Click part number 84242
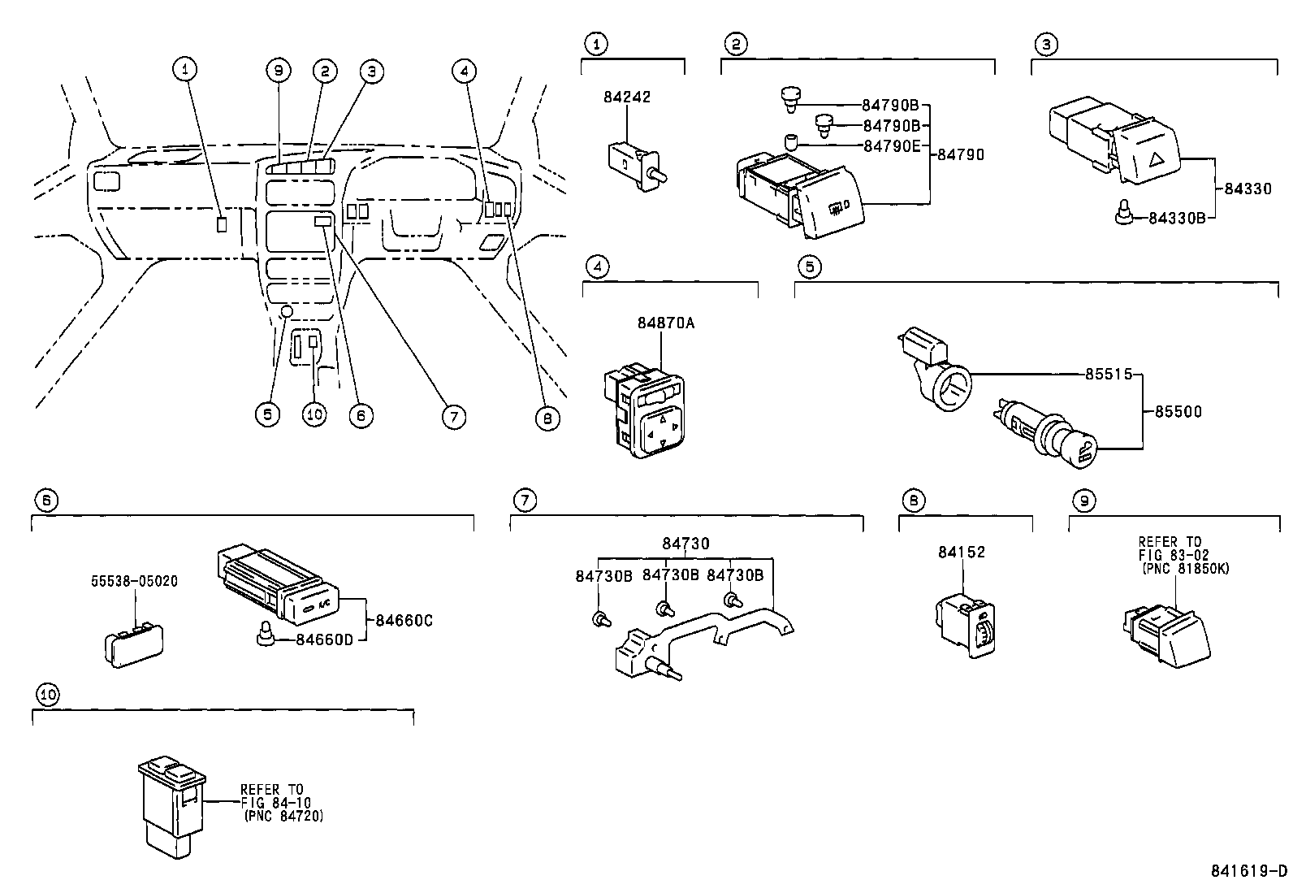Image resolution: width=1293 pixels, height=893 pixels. tap(626, 97)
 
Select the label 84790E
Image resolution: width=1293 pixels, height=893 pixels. tap(890, 146)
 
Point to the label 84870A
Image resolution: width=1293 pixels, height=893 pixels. tap(665, 323)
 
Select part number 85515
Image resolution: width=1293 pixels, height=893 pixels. tap(1108, 375)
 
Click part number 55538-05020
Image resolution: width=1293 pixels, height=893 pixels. tap(134, 582)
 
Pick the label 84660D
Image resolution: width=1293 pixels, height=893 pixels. tap(324, 640)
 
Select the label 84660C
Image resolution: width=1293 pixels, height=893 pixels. tap(404, 621)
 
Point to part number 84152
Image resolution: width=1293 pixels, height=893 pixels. tap(961, 553)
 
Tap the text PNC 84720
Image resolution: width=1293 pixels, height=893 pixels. tap(283, 817)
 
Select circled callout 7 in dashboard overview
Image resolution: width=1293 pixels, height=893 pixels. tap(453, 417)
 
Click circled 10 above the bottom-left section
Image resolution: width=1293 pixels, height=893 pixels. tap(48, 695)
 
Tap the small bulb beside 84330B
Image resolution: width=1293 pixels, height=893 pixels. tap(1122, 214)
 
